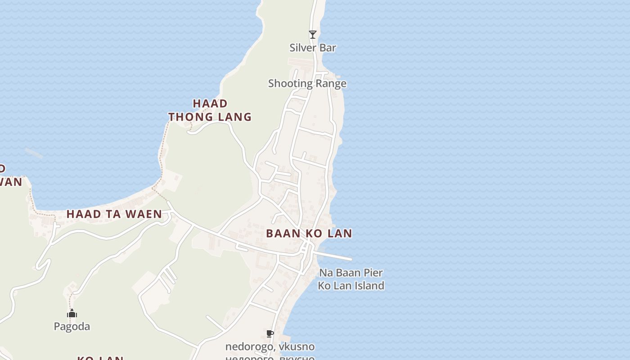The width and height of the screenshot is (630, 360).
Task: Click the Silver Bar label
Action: (x=313, y=48)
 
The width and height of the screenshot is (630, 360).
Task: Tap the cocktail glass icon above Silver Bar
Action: (x=313, y=35)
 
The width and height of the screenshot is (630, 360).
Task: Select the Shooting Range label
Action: (x=307, y=83)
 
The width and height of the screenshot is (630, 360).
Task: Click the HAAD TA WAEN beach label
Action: (x=114, y=214)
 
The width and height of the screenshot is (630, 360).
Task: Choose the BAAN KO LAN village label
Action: (x=309, y=234)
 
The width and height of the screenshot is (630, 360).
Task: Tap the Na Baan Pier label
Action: (x=351, y=273)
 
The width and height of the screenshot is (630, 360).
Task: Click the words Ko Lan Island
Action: (x=351, y=286)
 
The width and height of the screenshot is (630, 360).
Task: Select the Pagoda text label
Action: (x=72, y=327)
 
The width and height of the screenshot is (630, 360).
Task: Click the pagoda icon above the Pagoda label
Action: (x=72, y=314)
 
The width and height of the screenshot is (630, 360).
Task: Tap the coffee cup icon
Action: (x=270, y=333)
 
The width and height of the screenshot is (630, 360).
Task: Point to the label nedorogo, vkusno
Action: (x=270, y=347)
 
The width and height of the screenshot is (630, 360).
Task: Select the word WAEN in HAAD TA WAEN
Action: (x=144, y=214)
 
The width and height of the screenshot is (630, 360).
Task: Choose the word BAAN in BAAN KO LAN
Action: (x=282, y=234)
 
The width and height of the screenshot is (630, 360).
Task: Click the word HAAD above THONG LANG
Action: (x=210, y=103)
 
